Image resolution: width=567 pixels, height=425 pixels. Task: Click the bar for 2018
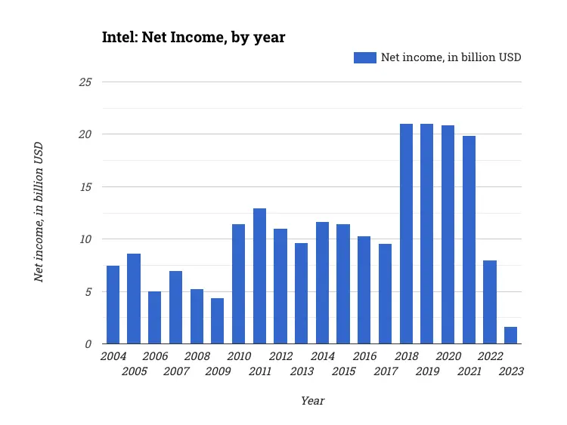point(406,234)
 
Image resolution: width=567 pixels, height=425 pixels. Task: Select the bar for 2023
point(510,335)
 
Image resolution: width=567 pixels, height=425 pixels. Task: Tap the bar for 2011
point(259,276)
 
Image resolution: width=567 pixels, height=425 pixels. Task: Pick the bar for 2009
point(217,321)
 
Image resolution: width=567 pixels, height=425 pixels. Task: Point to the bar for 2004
point(113,305)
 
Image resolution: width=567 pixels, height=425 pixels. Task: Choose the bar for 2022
point(490,302)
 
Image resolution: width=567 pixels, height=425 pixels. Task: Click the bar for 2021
point(469,240)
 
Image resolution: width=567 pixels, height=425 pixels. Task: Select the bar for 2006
point(154,318)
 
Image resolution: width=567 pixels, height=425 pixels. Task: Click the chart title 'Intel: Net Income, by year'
point(194,37)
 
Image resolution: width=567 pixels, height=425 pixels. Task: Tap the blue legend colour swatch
point(364,57)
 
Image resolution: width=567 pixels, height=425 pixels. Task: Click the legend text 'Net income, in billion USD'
point(451,57)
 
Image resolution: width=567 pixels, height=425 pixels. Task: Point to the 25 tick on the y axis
point(85,82)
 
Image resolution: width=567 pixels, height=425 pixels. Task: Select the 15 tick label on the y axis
point(85,186)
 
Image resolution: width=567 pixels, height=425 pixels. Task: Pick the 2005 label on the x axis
point(134,371)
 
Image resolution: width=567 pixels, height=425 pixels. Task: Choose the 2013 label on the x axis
point(302,371)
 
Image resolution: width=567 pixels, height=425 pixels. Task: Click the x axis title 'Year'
point(312,401)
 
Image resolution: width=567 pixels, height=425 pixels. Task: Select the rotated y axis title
point(39,212)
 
